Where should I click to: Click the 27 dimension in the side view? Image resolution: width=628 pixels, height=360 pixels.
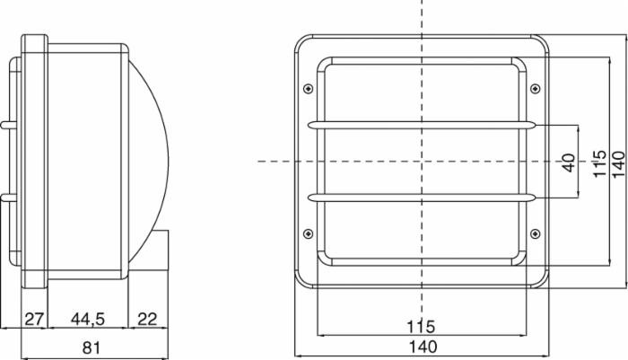[34, 320]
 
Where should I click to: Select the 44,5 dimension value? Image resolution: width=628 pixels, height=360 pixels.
[88, 320]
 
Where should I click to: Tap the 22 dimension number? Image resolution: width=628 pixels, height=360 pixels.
[147, 320]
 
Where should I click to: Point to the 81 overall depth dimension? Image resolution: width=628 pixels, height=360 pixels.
[91, 347]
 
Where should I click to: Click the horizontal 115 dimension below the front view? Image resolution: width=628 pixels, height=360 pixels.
[421, 327]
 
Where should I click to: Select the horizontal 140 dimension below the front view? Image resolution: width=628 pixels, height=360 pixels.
[423, 347]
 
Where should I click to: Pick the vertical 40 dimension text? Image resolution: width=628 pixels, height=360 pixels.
[569, 162]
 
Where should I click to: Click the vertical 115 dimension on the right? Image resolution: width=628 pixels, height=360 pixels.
[599, 163]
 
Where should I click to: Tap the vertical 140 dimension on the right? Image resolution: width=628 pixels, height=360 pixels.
[618, 163]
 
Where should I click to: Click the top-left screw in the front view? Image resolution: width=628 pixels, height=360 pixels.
[308, 89]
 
